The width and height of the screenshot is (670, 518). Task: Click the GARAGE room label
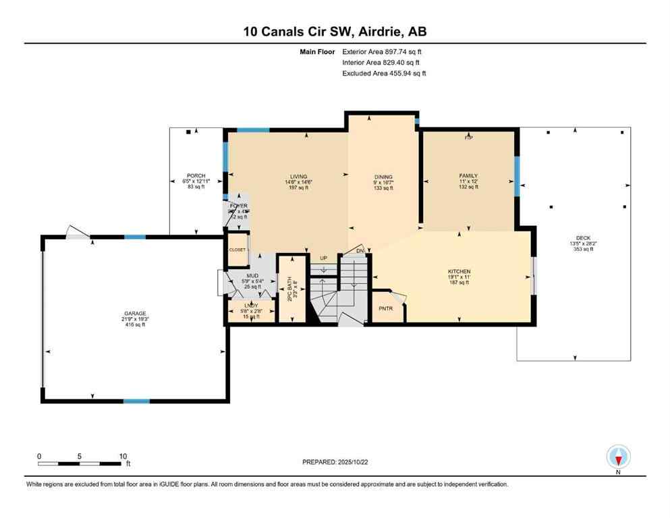click(x=134, y=314)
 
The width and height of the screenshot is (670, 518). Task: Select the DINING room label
click(x=383, y=177)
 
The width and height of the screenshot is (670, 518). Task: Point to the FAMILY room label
click(x=468, y=177)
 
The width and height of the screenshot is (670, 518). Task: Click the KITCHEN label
click(x=459, y=272)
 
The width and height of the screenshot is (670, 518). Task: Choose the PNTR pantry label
click(x=384, y=310)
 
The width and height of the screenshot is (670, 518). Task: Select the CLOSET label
click(x=237, y=250)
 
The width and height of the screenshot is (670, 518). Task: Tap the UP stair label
click(x=323, y=258)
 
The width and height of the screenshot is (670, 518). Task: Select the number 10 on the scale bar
click(x=123, y=456)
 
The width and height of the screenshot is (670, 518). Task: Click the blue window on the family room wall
click(x=517, y=176)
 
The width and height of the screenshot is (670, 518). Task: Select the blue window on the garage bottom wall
click(x=136, y=401)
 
